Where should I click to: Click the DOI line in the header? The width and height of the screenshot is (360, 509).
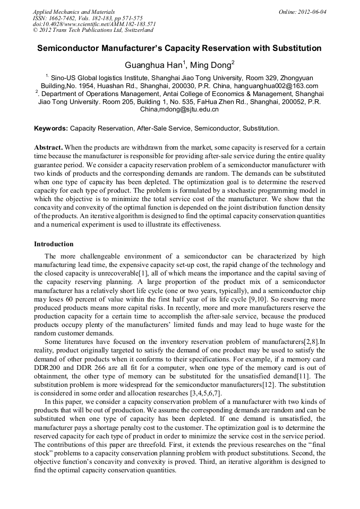click(94, 24)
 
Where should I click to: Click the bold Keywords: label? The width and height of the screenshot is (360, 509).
click(51, 128)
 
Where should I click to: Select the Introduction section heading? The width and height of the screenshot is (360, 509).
click(54, 244)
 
